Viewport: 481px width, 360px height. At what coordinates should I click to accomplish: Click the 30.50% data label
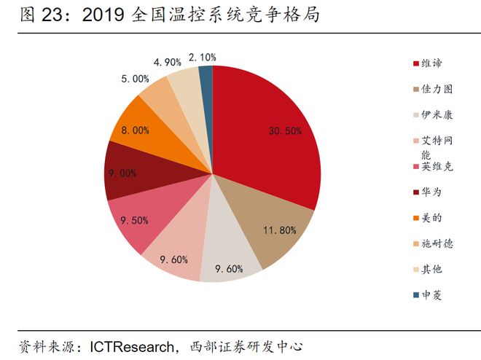click(x=286, y=130)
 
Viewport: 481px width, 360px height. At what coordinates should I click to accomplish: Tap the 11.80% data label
click(x=279, y=230)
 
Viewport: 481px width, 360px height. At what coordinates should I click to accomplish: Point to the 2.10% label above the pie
click(x=202, y=56)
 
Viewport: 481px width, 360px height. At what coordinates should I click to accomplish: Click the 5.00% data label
click(x=136, y=79)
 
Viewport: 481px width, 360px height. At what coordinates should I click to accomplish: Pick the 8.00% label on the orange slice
click(x=136, y=130)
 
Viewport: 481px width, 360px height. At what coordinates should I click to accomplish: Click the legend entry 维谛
click(x=431, y=63)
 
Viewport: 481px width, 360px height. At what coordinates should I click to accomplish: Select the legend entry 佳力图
click(x=436, y=89)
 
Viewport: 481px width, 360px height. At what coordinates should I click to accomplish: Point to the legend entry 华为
click(x=431, y=192)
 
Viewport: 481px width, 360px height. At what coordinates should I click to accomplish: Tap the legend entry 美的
click(x=431, y=218)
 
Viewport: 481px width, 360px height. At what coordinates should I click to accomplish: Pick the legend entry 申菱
click(x=431, y=295)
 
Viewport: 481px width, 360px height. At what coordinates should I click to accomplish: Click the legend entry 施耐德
click(x=436, y=243)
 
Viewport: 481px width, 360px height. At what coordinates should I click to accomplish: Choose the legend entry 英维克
click(x=436, y=167)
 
